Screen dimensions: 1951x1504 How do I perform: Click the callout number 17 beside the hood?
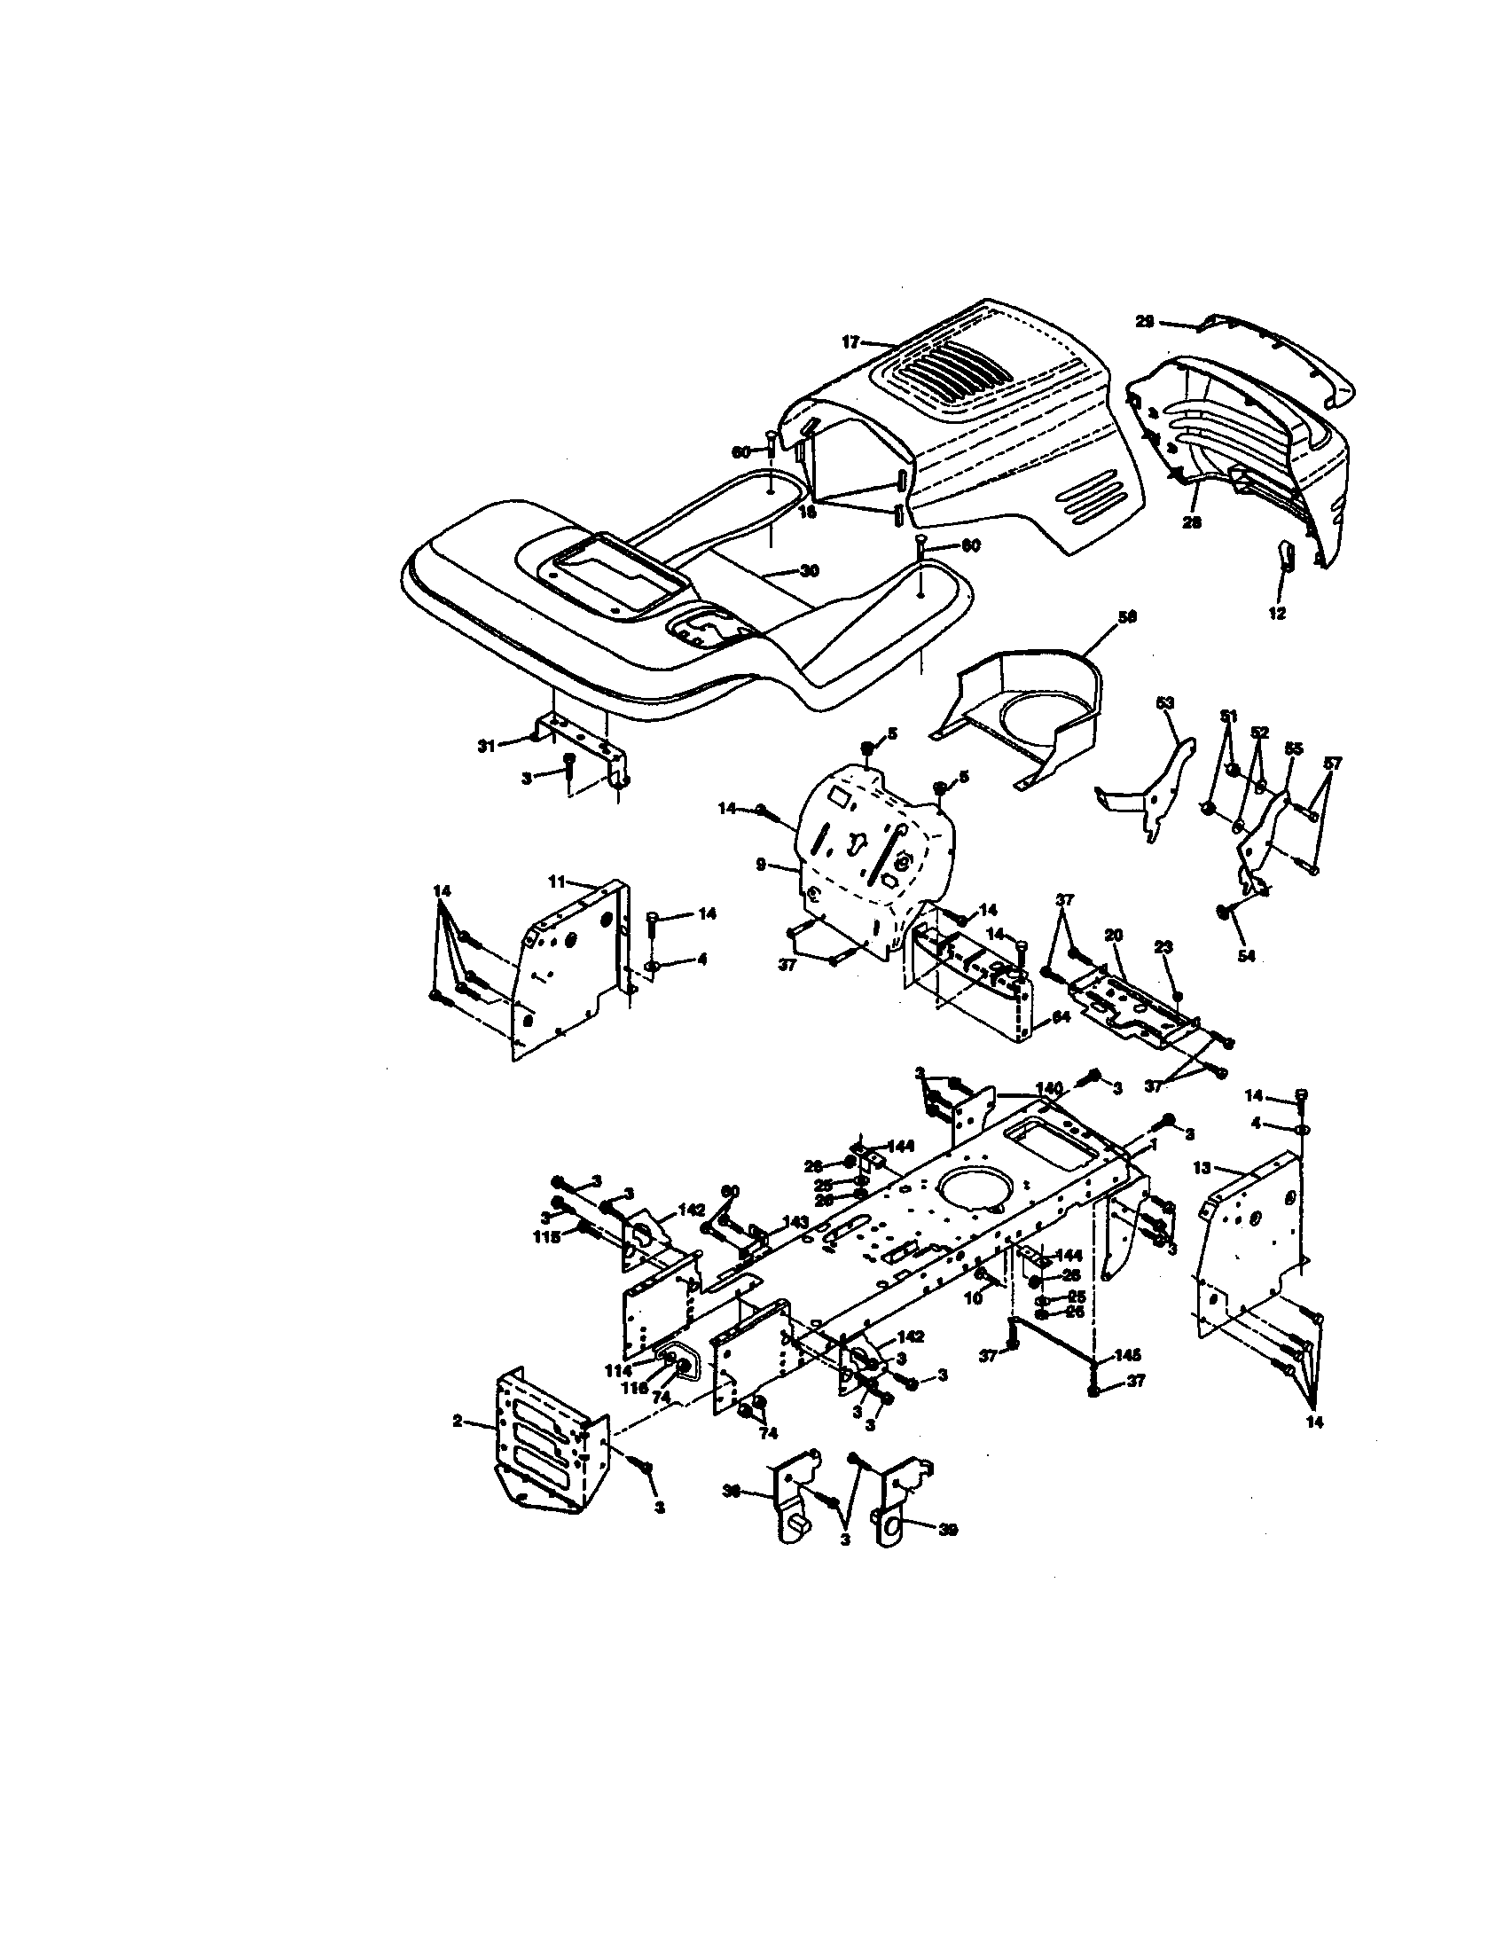(x=850, y=341)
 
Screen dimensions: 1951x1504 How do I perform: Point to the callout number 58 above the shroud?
(x=1127, y=617)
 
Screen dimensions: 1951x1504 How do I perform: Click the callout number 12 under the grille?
(x=1277, y=614)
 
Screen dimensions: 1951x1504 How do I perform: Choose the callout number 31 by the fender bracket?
(x=486, y=746)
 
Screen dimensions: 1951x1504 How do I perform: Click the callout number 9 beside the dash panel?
(x=760, y=864)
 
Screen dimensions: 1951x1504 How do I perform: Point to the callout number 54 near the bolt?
(x=1246, y=956)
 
